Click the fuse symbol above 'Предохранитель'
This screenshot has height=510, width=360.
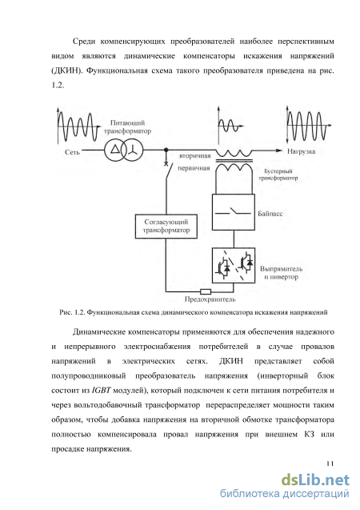click(x=206, y=291)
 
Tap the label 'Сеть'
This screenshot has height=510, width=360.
click(x=72, y=152)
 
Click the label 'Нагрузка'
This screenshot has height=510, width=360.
click(x=301, y=151)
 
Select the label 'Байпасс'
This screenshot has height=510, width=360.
click(x=270, y=214)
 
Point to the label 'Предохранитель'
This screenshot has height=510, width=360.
click(x=210, y=299)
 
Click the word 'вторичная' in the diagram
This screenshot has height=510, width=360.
click(x=195, y=156)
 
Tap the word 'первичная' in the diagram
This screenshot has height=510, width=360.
click(x=194, y=168)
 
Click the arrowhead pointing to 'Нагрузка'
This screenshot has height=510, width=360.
click(x=279, y=151)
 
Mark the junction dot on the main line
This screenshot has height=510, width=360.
click(x=166, y=150)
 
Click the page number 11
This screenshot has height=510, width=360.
click(x=330, y=464)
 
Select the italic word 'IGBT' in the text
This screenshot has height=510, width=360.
click(x=102, y=390)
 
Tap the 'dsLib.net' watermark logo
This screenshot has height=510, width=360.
click(x=315, y=480)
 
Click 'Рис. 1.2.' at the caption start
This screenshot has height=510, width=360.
click(x=73, y=312)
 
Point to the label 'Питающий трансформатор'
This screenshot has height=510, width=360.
click(x=127, y=126)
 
